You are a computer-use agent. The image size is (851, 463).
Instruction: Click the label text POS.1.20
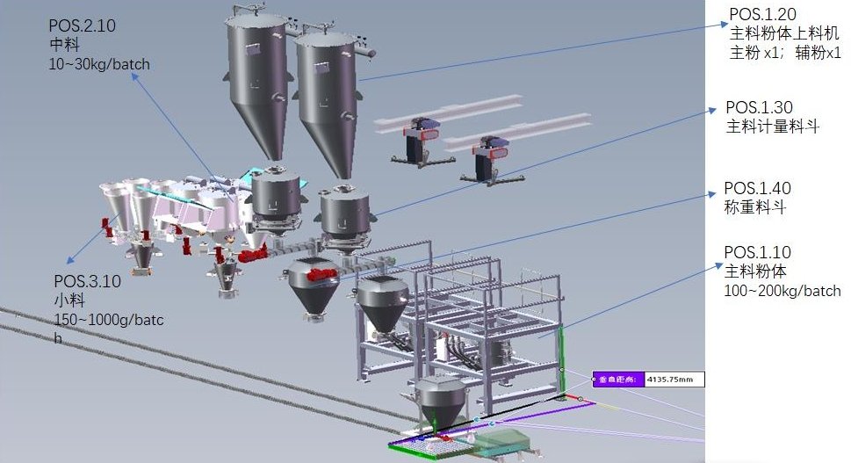(762, 13)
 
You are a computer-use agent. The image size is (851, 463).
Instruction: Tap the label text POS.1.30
(759, 107)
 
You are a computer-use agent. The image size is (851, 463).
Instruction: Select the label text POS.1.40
(757, 188)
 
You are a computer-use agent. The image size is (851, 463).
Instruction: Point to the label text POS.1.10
(757, 252)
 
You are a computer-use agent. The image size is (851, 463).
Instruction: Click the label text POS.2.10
(82, 25)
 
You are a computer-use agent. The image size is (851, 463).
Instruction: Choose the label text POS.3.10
(87, 281)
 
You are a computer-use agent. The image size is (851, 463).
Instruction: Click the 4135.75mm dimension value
(670, 379)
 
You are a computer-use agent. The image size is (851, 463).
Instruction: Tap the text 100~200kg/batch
(782, 291)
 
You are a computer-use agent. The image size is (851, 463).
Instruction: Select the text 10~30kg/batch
(99, 64)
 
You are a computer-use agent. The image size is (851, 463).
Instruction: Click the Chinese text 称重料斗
(755, 206)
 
